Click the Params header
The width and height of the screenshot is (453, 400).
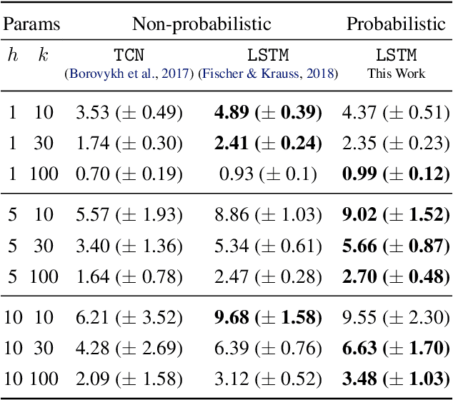31,24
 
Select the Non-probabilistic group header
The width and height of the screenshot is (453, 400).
201,24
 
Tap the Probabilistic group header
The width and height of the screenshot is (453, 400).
396,24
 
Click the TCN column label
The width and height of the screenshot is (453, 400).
129,56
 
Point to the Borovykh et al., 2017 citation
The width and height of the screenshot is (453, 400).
129,73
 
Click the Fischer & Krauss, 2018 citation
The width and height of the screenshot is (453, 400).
268,73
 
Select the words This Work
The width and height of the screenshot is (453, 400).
396,73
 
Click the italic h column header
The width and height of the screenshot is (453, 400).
12,56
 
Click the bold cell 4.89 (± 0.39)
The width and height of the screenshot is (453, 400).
268,112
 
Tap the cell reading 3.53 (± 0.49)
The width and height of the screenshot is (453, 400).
129,112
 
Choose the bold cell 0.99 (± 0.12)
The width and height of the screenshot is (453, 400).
396,173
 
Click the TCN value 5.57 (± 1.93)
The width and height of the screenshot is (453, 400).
129,214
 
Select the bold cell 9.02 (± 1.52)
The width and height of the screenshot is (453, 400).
396,214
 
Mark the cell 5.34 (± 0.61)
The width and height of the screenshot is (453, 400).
268,245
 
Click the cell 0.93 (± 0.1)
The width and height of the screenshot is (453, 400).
268,173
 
